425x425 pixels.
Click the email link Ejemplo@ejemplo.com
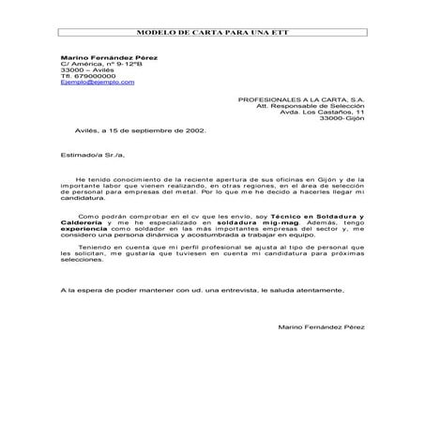[97, 82]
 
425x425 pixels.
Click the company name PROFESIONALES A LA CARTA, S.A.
[301, 98]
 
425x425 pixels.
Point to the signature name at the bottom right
[322, 326]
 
